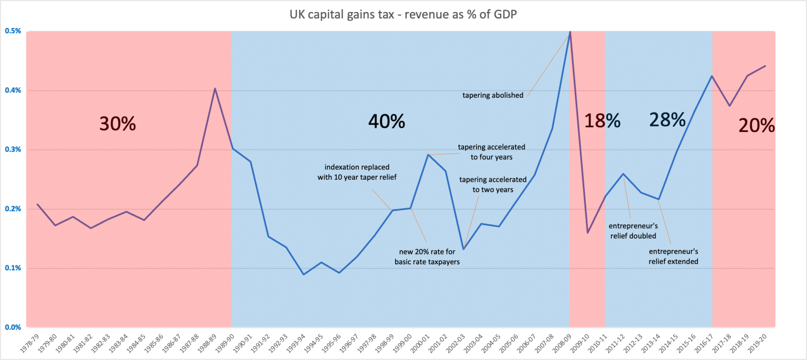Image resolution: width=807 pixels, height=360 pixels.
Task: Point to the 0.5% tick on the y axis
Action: tap(14, 31)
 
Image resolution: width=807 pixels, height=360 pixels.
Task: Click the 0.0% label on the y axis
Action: tap(14, 327)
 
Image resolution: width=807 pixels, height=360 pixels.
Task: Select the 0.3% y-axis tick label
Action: tap(14, 150)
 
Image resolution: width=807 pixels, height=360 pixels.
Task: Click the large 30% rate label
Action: tap(118, 124)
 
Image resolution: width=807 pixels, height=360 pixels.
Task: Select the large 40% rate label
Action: tap(386, 122)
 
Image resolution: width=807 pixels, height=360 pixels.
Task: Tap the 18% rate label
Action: tap(603, 121)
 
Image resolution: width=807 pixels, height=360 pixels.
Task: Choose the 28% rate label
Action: tap(667, 120)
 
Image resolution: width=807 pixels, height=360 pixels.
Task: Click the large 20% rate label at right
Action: tap(757, 126)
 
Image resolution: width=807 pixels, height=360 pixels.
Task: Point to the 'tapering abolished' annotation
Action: tap(493, 96)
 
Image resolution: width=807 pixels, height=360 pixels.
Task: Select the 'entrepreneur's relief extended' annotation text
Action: tap(673, 256)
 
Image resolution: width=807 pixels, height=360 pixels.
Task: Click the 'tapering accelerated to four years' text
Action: tap(491, 151)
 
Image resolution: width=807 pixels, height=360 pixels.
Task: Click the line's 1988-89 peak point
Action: tap(214, 88)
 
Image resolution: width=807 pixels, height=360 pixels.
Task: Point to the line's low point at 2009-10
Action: tap(587, 232)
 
